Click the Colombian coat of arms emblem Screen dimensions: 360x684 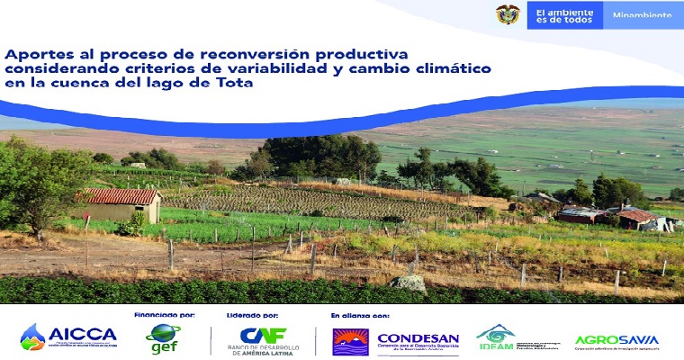508,14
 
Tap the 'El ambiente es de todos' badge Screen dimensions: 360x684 563,14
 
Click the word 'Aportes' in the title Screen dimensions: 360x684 35,54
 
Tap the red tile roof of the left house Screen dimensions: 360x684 121,196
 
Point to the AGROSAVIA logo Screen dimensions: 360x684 616,340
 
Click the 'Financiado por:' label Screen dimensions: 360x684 165,316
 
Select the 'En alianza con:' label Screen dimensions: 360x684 360,316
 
